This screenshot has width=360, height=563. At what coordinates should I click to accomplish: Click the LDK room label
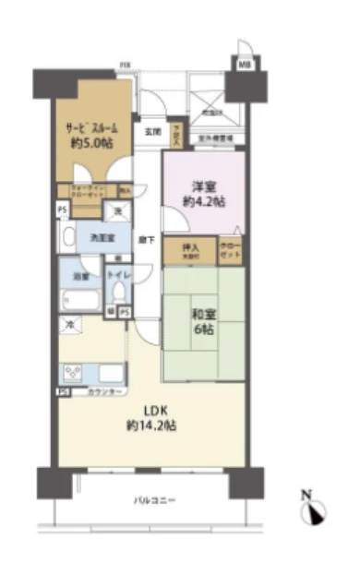coord(152,411)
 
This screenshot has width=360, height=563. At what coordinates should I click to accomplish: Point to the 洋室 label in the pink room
coord(204,186)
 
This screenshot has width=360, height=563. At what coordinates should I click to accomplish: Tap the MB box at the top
coord(245,63)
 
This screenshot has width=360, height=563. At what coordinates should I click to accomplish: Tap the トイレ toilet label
coord(116,274)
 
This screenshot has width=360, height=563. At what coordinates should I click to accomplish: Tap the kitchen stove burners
coord(75,372)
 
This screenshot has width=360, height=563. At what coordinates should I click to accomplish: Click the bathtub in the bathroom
coord(82,300)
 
